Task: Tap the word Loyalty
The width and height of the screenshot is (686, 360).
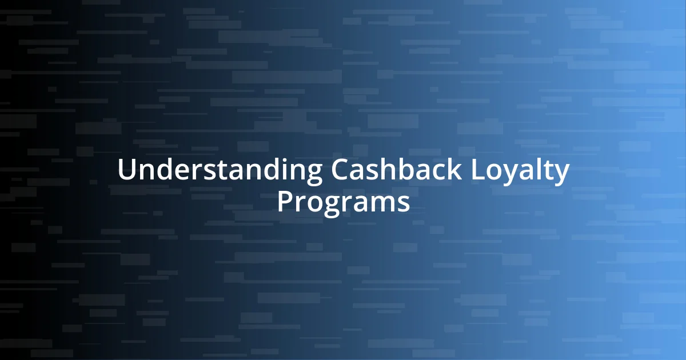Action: (520, 172)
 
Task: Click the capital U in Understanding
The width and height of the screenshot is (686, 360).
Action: (126, 171)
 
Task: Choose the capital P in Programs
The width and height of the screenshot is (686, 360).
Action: (284, 202)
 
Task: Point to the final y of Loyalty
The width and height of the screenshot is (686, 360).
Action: (562, 174)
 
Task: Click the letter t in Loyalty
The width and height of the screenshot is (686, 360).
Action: (549, 171)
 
